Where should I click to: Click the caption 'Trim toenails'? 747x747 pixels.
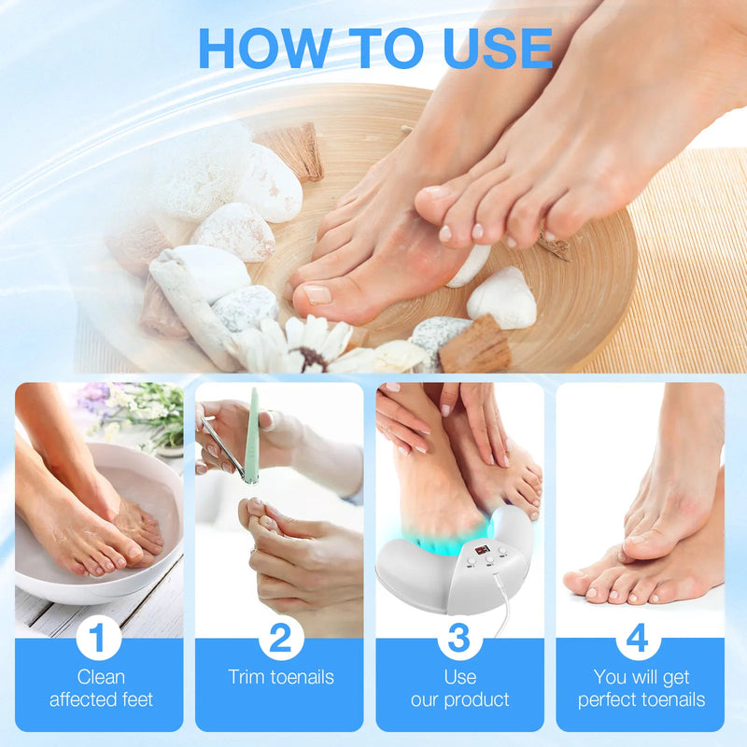coord(279,677)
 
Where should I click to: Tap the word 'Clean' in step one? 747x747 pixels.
coord(99,677)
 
